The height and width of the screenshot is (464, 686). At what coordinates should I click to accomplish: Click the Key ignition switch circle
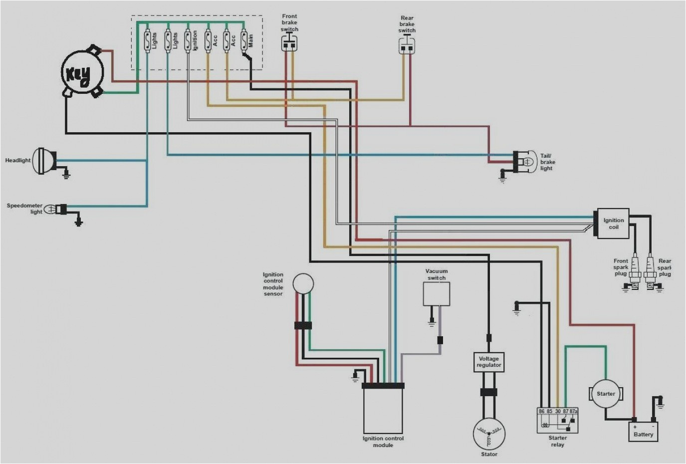82,74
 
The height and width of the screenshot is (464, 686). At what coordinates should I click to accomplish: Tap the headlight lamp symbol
45,161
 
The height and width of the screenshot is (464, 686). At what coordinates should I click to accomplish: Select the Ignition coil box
613,224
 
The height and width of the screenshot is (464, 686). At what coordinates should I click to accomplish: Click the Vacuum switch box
436,293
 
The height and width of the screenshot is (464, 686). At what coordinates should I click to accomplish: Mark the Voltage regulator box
488,362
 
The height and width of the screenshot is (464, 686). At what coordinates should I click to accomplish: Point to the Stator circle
488,433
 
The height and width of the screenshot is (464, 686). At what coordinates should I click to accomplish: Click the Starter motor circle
606,394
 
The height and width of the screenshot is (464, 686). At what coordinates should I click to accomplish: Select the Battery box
643,431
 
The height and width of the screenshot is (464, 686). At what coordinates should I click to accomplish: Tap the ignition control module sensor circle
303,283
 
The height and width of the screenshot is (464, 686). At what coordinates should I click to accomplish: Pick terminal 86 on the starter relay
541,411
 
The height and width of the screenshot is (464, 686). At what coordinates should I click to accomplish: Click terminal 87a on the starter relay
573,411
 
